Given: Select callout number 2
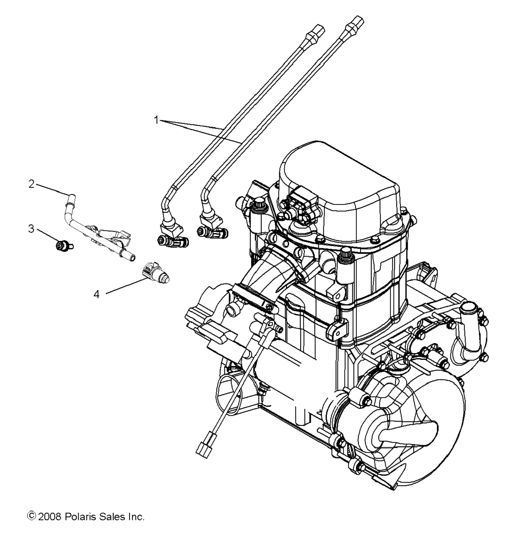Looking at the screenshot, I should (32, 184).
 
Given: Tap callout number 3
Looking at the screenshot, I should (31, 228).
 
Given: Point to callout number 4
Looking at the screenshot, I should (97, 294).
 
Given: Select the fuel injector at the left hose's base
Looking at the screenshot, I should (173, 240).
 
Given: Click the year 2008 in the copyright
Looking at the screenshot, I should (50, 517).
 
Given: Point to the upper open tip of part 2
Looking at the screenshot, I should (71, 196).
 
